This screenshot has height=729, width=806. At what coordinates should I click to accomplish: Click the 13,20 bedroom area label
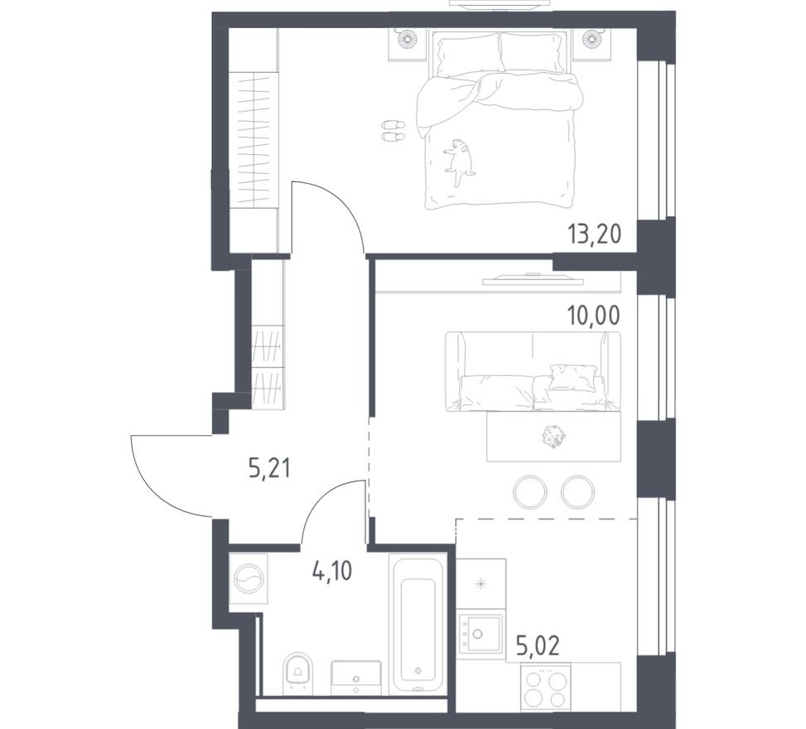click(x=593, y=234)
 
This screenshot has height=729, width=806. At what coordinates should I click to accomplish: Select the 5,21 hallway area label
click(x=270, y=471)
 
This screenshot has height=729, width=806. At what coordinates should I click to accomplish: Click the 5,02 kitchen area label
click(x=537, y=646)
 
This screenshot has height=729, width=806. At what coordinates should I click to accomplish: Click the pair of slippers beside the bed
click(x=393, y=130)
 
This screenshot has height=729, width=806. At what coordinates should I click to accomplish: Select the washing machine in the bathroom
click(x=249, y=577)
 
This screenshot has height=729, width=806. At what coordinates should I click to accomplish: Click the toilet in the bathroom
click(x=297, y=673)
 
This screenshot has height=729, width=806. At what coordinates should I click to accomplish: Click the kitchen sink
click(x=480, y=635)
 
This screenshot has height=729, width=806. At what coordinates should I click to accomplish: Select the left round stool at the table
click(x=530, y=491)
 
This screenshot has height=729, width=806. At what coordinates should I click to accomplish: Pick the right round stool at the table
click(x=577, y=491)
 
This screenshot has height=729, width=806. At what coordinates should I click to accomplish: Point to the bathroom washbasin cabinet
click(x=356, y=677)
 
